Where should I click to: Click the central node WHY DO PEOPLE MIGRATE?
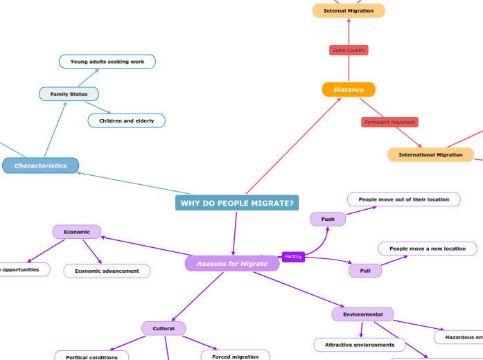tap(237, 203)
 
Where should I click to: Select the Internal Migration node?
tap(349, 10)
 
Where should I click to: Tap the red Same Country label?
tap(349, 51)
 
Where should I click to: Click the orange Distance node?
tap(349, 89)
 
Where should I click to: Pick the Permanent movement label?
tap(389, 123)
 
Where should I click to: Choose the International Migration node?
tap(430, 155)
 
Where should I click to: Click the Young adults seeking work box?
tap(107, 62)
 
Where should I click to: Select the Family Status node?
tap(69, 94)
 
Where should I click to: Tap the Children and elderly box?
tap(127, 121)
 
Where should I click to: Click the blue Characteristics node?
tap(41, 166)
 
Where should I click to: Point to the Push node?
tap(328, 219)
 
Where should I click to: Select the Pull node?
tap(365, 271)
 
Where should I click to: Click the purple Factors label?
tap(293, 257)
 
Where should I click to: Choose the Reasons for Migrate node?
tap(232, 264)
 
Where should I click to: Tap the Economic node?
tap(77, 232)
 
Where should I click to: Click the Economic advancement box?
tap(107, 271)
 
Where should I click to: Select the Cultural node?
tap(164, 329)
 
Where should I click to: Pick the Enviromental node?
tap(363, 315)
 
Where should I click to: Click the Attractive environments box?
tap(360, 345)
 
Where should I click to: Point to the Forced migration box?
tap(236, 357)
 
